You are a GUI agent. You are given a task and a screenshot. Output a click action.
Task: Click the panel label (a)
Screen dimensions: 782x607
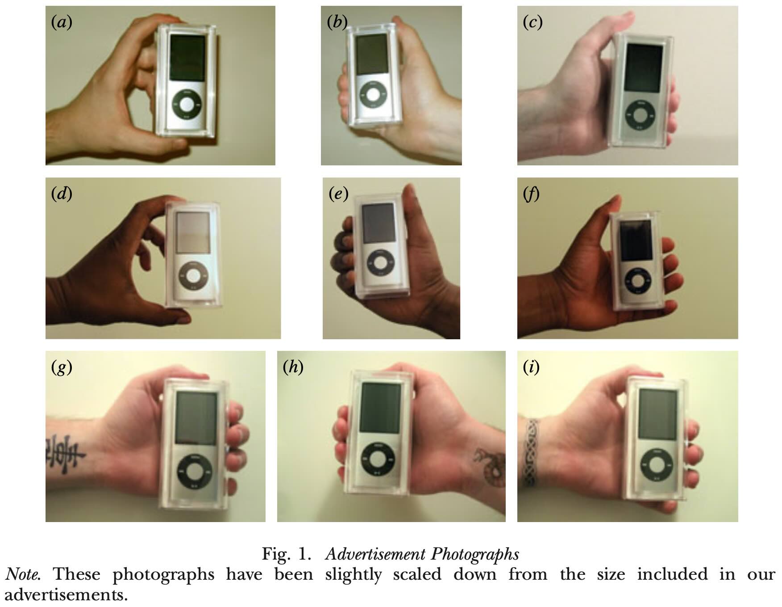point(62,22)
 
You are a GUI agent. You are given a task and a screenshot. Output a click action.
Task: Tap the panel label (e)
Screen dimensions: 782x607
point(338,194)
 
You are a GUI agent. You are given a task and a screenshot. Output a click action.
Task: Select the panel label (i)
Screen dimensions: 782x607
point(531,367)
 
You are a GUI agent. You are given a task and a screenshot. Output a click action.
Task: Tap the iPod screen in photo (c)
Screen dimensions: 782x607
point(643,68)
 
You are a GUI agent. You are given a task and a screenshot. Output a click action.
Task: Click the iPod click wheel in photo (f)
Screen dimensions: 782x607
point(638,281)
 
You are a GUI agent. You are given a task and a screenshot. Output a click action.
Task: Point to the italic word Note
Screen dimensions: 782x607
point(23,574)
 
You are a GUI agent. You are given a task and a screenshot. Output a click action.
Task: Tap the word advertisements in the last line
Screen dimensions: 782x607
point(66,595)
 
